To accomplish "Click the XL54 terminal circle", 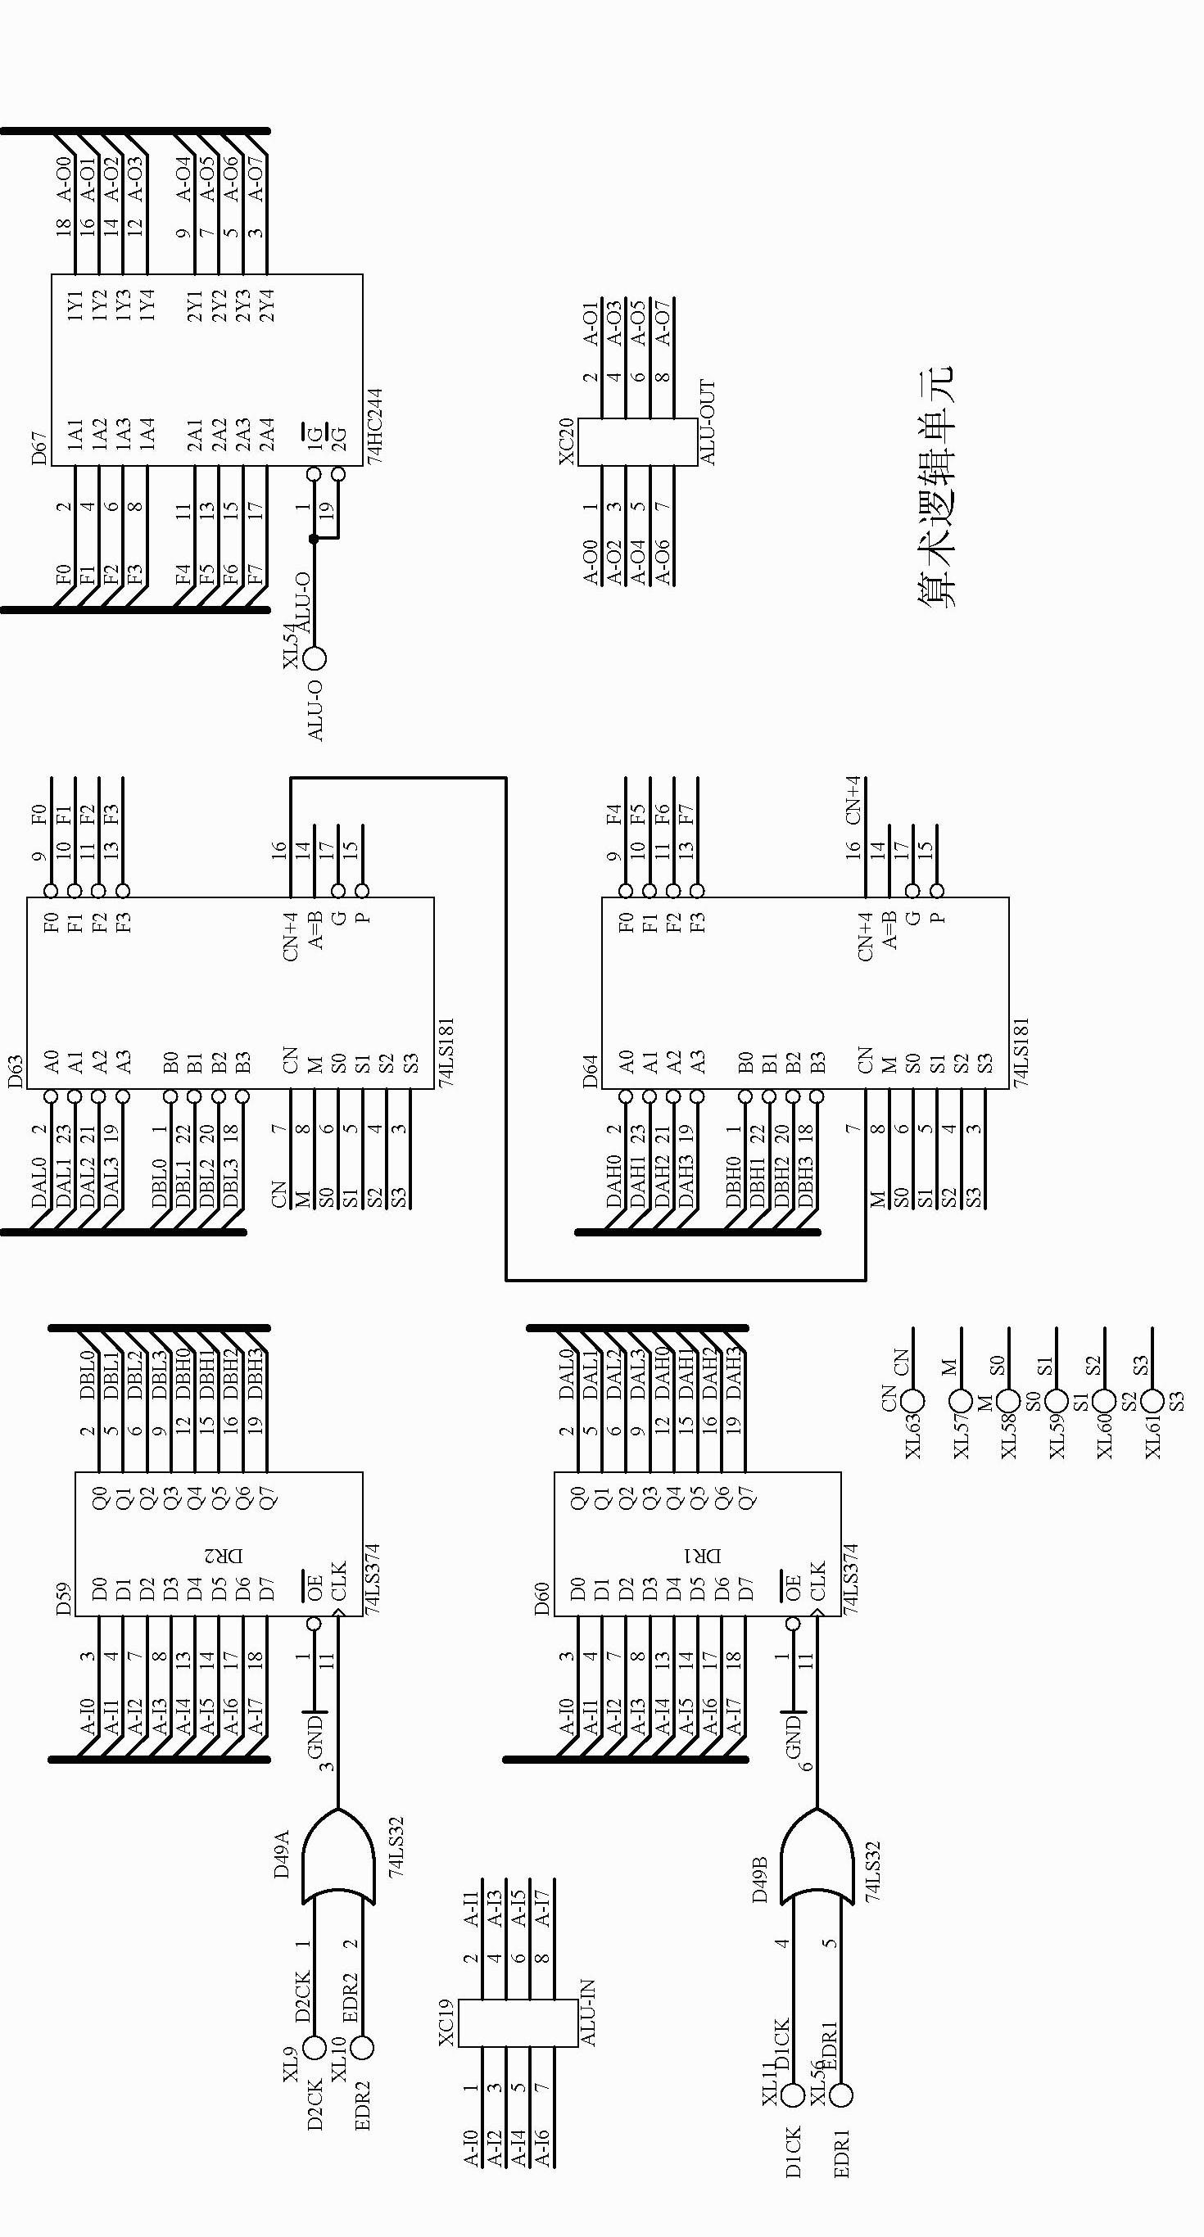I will pyautogui.click(x=315, y=658).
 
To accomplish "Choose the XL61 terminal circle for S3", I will pyautogui.click(x=1152, y=1401).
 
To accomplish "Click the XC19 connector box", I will pyautogui.click(x=518, y=2023).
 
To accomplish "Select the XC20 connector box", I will pyautogui.click(x=639, y=442).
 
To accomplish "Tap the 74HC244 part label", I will pyautogui.click(x=374, y=426).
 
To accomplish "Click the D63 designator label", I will pyautogui.click(x=16, y=1071).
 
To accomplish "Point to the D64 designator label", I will pyautogui.click(x=591, y=1071).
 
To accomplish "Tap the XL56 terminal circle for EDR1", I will pyautogui.click(x=840, y=2095).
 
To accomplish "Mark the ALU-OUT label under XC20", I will pyautogui.click(x=708, y=422).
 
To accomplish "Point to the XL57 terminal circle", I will pyautogui.click(x=961, y=1401).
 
